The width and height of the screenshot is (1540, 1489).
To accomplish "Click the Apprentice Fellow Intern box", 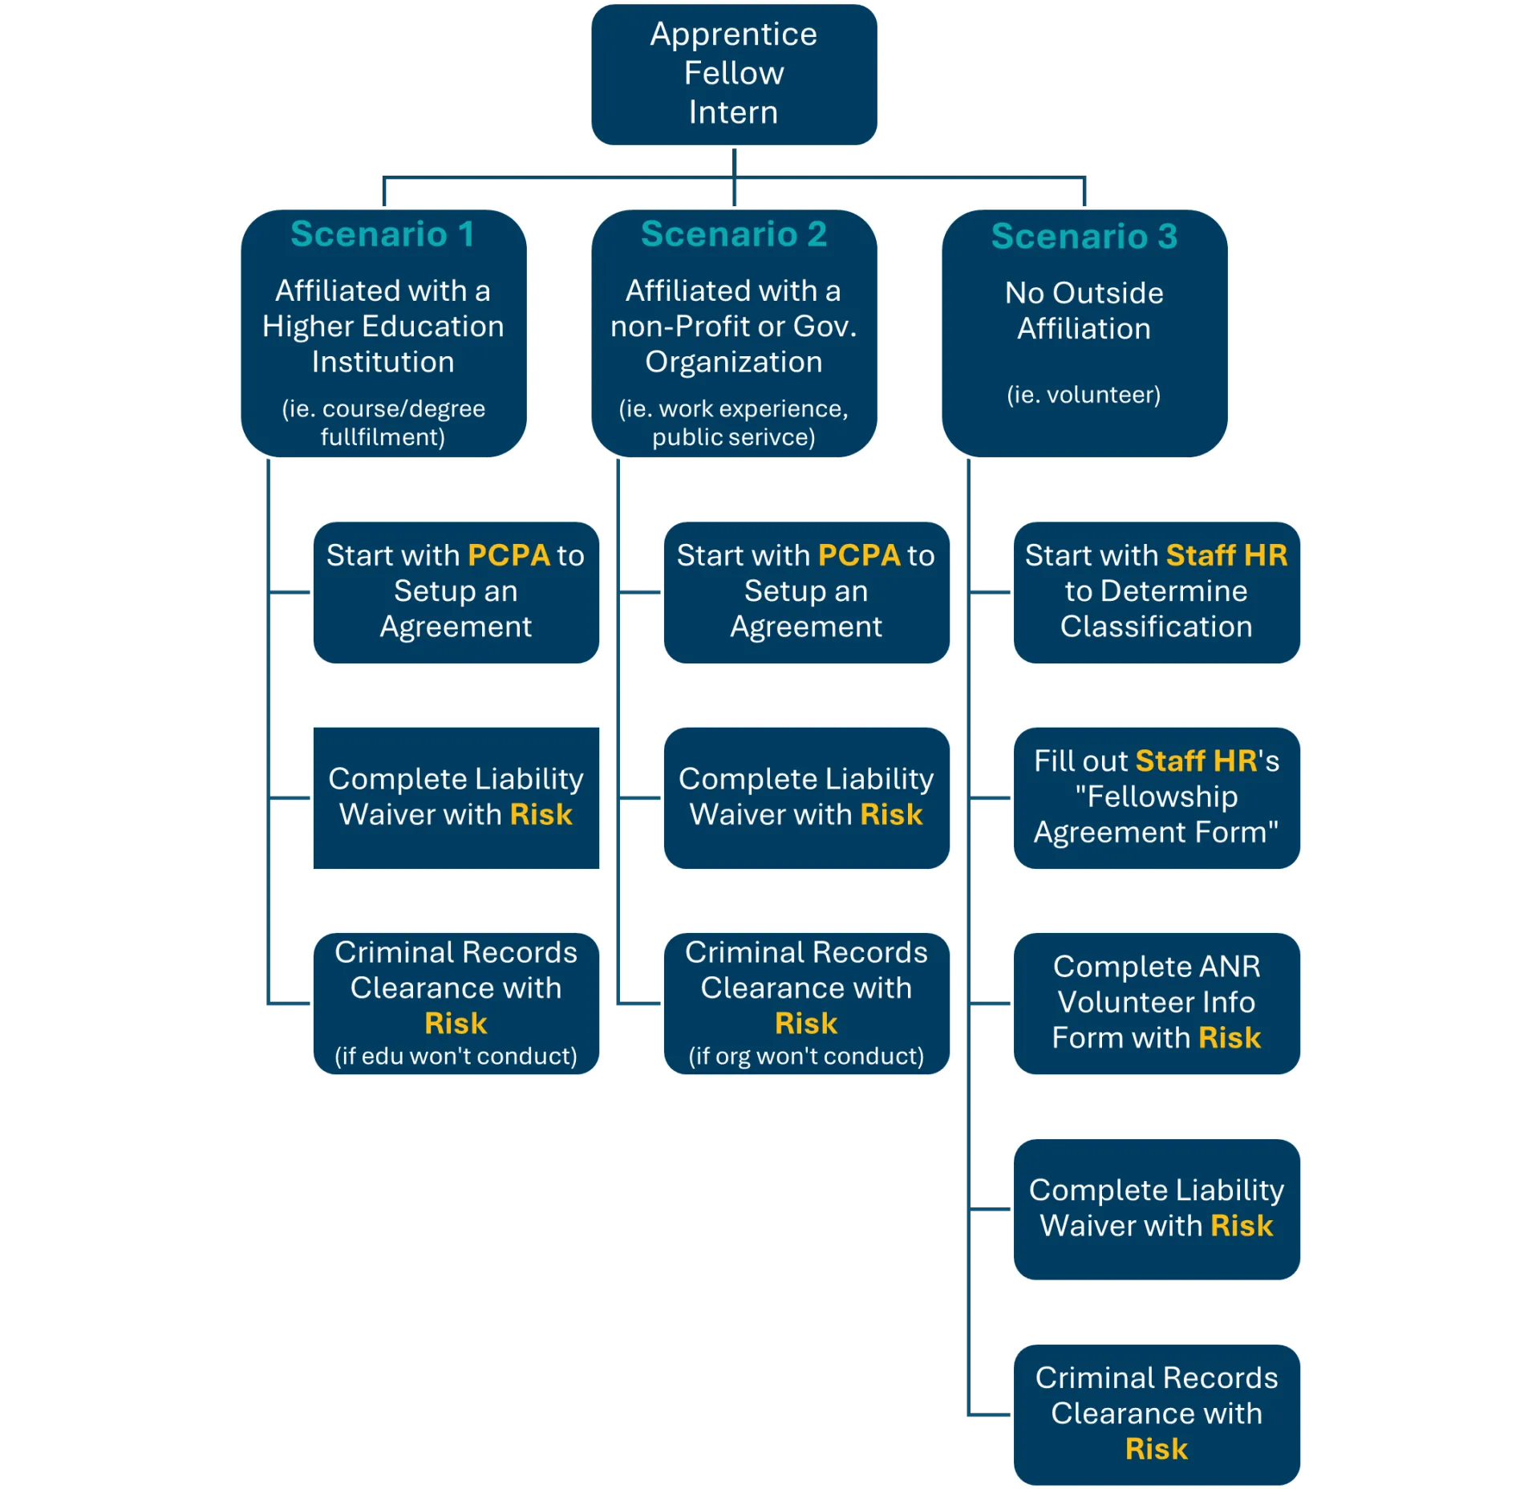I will click(x=733, y=74).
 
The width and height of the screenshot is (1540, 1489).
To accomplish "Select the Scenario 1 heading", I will click(x=383, y=234).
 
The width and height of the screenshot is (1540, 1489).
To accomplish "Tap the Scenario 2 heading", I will click(x=733, y=234).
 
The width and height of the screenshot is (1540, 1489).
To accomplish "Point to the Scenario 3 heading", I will click(x=1084, y=236).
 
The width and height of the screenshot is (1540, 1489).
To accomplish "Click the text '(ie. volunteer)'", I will click(x=1084, y=395).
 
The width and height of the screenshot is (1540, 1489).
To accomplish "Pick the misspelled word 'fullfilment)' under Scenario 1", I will click(x=383, y=437).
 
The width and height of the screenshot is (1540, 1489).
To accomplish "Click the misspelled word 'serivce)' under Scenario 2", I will click(x=775, y=437).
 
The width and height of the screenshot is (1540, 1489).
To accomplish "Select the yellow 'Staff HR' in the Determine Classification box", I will click(x=1226, y=555).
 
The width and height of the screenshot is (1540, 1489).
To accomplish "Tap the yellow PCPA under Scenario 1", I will click(x=509, y=555).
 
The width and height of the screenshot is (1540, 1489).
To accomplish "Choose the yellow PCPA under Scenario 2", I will click(x=859, y=555).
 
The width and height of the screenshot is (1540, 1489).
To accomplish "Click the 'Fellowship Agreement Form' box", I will click(x=1156, y=797).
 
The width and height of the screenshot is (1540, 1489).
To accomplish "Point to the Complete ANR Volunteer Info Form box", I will click(x=1156, y=1002).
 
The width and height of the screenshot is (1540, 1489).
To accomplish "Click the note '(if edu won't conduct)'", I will click(x=456, y=1056).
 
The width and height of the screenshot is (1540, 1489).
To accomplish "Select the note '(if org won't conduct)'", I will click(x=806, y=1056).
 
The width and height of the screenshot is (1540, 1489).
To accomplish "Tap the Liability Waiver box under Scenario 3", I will click(x=1156, y=1208).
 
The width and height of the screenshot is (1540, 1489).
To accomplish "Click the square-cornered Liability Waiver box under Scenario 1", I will click(x=456, y=797).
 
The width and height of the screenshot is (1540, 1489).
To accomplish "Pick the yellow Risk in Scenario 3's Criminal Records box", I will click(x=1156, y=1449).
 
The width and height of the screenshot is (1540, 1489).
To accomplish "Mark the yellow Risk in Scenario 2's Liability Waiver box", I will click(x=891, y=815).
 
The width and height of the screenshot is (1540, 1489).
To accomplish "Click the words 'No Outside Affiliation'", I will click(x=1084, y=310).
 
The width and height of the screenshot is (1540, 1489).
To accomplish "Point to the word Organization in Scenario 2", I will click(x=733, y=362).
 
